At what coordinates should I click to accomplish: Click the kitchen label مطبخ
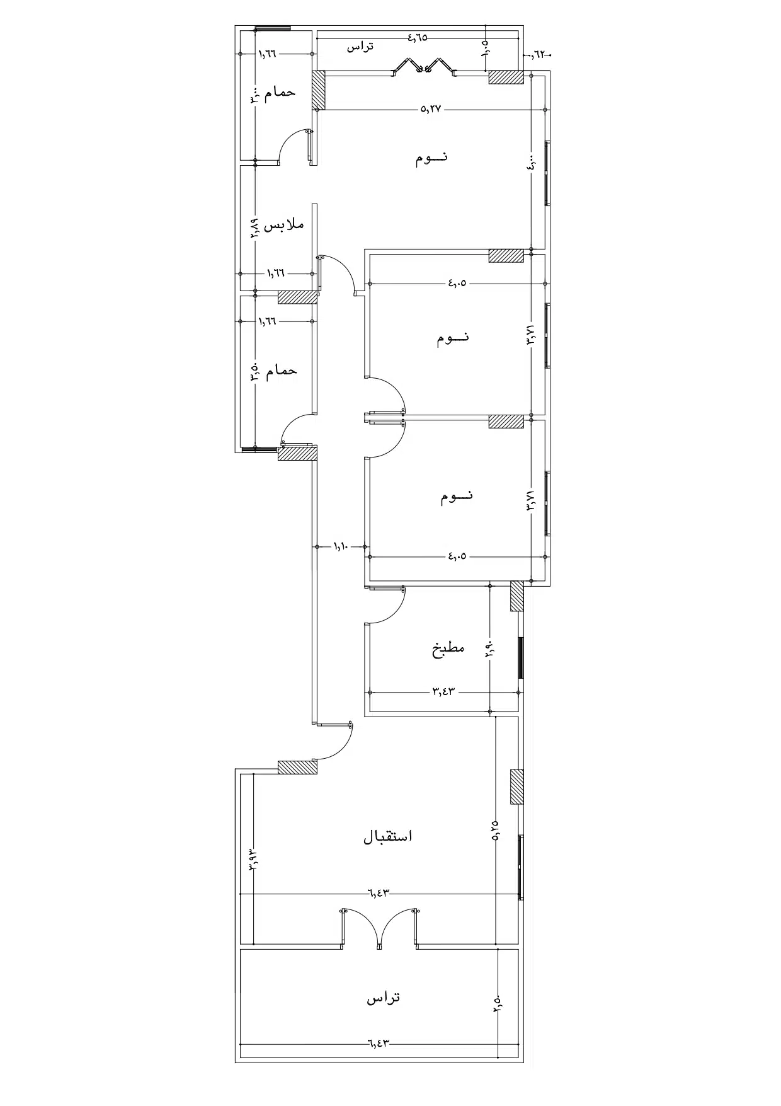[448, 648]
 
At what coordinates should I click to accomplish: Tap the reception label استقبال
[388, 836]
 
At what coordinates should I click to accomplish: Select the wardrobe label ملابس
[283, 225]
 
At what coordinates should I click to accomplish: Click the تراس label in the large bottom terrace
[384, 998]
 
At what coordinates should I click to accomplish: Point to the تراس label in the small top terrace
[360, 46]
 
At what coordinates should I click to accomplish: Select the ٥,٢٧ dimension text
[431, 109]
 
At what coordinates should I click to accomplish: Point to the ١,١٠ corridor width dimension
[340, 546]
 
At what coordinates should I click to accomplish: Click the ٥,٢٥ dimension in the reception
[496, 829]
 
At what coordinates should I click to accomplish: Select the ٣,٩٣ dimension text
[253, 859]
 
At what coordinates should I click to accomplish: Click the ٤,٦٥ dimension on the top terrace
[417, 37]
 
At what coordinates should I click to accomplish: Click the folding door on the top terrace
[425, 68]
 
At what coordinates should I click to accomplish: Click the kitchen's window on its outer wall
[520, 658]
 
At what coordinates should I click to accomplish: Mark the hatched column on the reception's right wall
[516, 786]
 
